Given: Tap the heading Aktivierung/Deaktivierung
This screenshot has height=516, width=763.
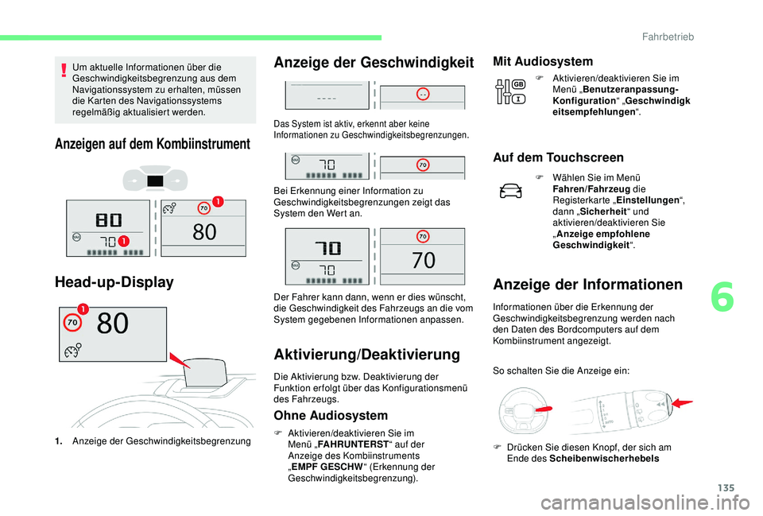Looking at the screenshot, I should pos(366,354).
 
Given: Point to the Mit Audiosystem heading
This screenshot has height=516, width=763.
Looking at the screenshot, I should pos(543,61).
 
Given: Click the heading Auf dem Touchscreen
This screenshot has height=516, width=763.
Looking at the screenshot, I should pos(558,157).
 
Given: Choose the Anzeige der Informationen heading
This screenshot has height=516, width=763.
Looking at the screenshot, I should pos(587,284).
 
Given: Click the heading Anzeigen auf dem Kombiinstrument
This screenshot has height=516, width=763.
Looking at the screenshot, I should pos(151,144).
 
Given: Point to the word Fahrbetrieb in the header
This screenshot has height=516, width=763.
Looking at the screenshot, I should pos(716,37).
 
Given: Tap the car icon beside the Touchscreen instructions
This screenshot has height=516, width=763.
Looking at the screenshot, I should pos(513,191).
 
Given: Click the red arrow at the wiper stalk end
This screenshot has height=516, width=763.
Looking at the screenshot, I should pos(681,405).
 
